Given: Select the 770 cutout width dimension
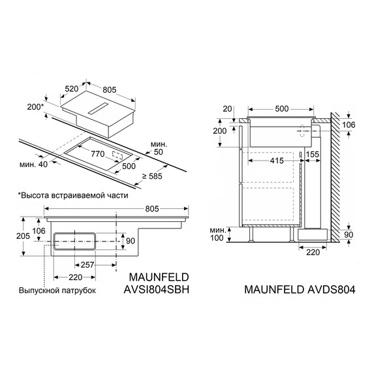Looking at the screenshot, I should coord(98,155).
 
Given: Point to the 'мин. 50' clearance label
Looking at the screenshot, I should coord(159,147).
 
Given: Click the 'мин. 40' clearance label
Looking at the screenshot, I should coord(32,163).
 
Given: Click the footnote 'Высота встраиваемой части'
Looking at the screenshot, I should coord(72,195).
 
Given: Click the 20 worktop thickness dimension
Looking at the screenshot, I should coord(226,109).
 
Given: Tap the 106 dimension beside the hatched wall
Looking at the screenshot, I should coord(349,125).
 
